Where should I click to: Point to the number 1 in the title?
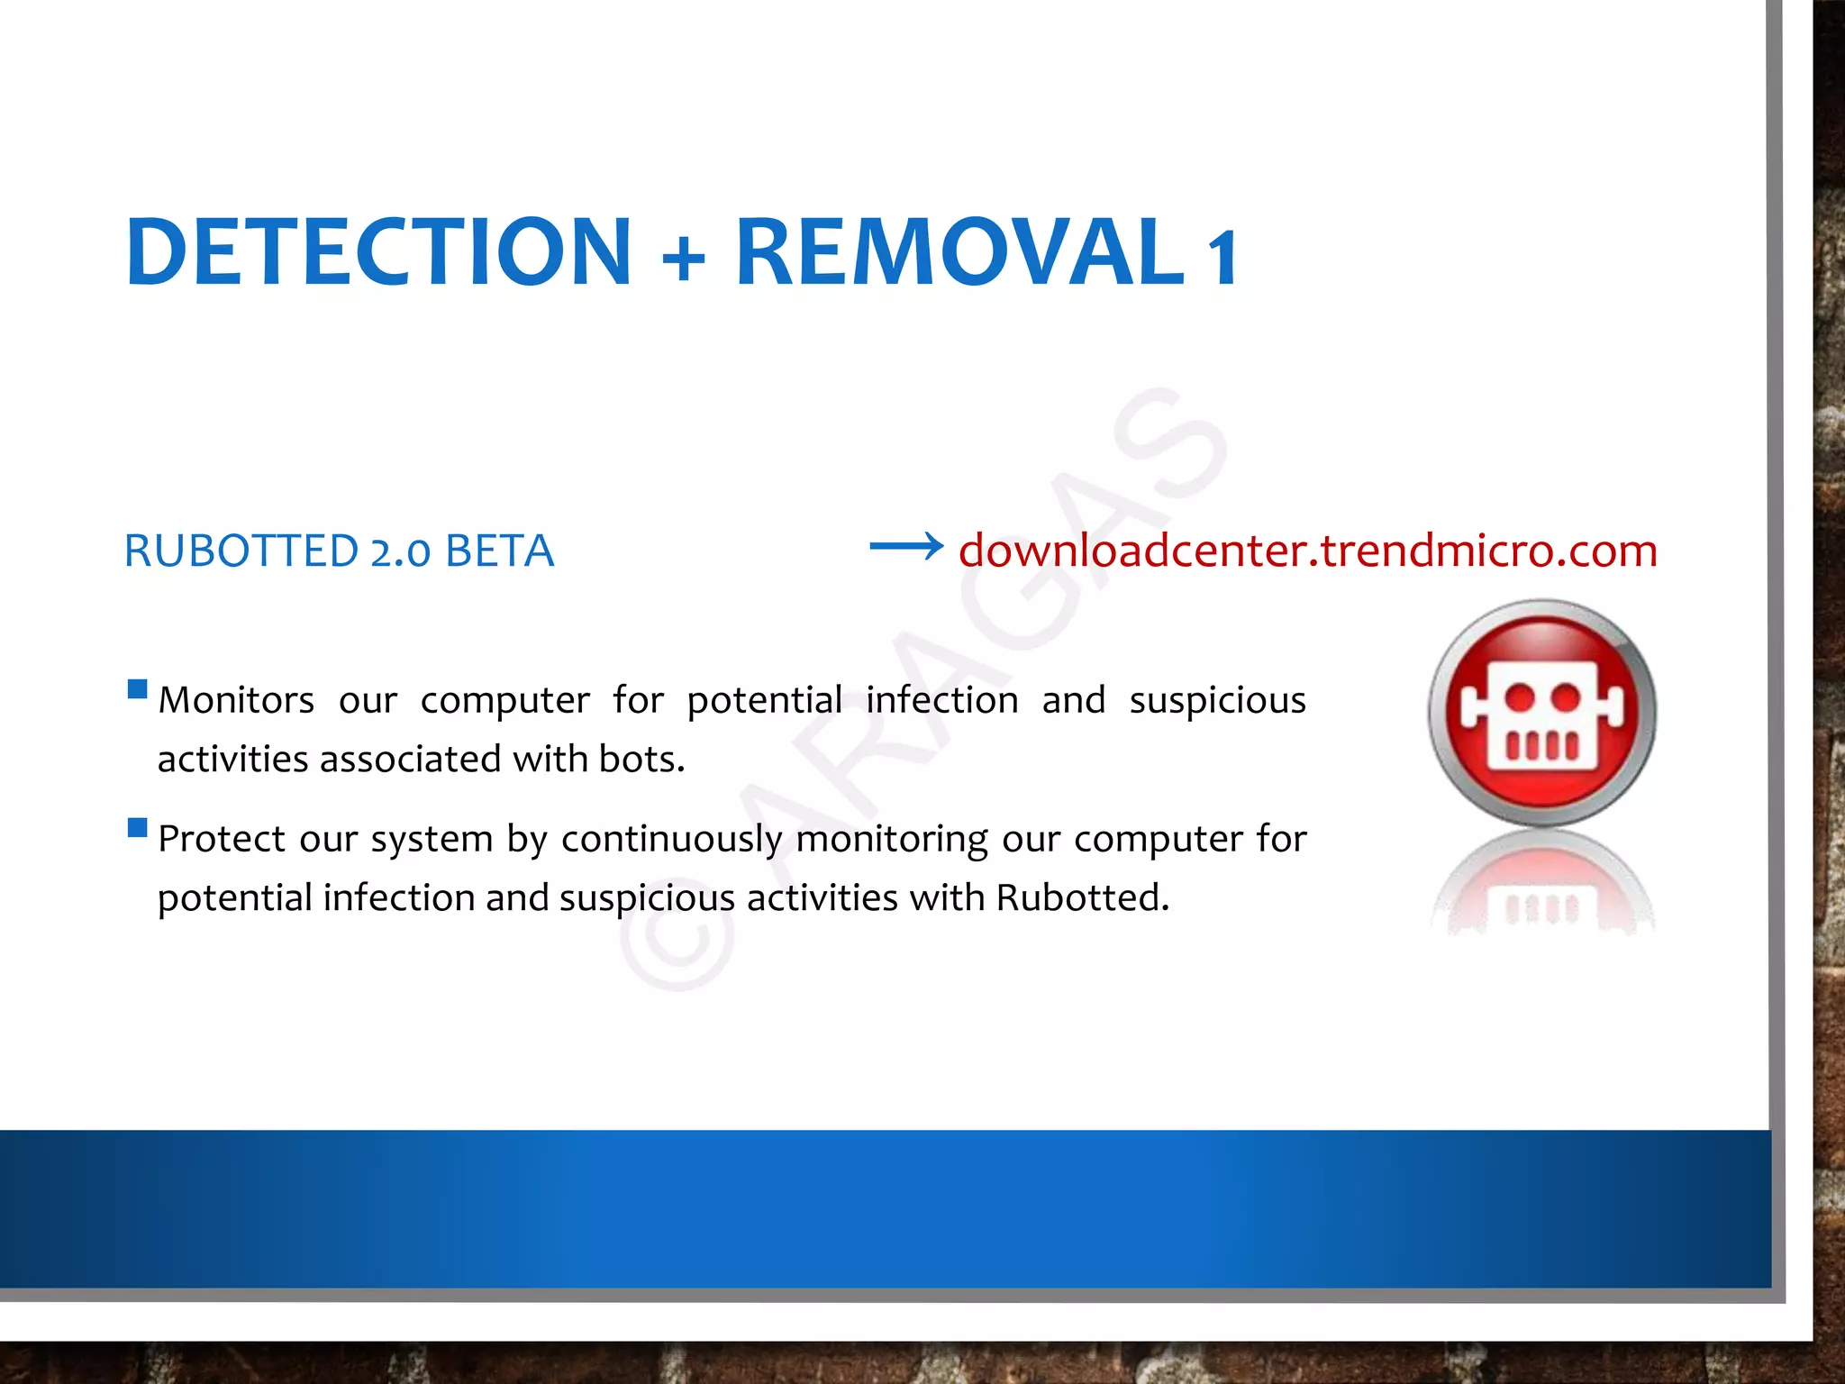tap(1223, 258)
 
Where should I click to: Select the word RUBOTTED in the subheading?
tap(241, 551)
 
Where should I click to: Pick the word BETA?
tap(499, 551)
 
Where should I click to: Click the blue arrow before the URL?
tap(905, 546)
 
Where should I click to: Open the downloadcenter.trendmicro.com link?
tap(1307, 551)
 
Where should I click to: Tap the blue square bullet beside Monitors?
tap(138, 689)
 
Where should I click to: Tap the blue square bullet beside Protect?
tap(138, 827)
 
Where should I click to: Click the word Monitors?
tap(236, 700)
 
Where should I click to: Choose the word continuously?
tap(671, 839)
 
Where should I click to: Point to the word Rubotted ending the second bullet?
tap(1080, 897)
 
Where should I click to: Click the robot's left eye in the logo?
tap(1520, 697)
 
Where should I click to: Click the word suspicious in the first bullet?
tap(1217, 700)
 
